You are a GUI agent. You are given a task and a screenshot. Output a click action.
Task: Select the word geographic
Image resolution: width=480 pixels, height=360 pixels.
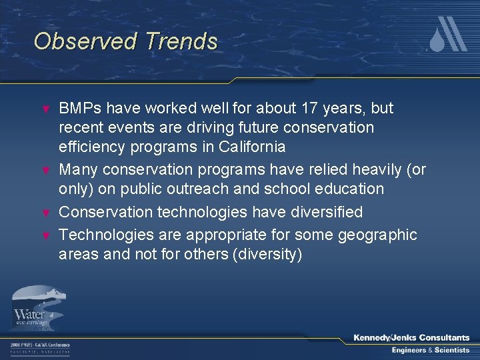[377, 235]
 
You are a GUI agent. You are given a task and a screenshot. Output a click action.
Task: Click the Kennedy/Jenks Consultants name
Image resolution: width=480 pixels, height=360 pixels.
[411, 338]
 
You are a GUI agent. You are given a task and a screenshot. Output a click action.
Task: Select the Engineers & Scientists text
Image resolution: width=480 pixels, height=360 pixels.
[430, 350]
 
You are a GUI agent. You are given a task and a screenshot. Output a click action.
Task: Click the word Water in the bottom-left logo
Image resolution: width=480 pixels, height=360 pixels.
[29, 313]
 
